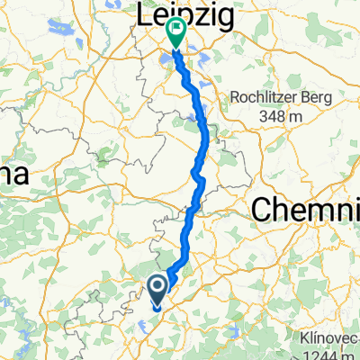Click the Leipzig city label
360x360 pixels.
(185, 14)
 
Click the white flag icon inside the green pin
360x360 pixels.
(174, 31)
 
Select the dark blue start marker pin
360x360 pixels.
(157, 290)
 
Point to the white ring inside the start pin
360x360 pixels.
(157, 287)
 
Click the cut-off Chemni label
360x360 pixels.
(306, 210)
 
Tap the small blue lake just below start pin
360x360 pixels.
(154, 312)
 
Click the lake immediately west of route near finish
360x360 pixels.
(166, 60)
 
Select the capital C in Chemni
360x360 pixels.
(260, 211)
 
